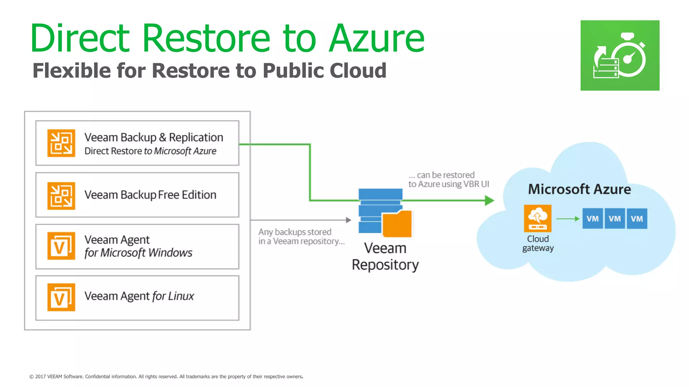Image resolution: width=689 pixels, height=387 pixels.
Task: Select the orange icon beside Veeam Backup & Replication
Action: (61, 143)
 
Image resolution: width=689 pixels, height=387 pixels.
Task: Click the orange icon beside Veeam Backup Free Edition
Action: (61, 196)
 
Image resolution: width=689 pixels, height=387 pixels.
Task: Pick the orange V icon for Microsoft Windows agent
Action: (61, 246)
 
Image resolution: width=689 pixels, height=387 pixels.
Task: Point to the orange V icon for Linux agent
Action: (61, 297)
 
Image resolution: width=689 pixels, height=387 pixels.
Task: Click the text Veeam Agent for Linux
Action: (139, 296)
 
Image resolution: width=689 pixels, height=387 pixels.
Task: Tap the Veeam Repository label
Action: (385, 256)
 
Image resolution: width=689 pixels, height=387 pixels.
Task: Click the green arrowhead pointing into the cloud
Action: (489, 201)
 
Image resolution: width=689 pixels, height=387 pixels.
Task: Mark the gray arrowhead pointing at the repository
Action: (349, 220)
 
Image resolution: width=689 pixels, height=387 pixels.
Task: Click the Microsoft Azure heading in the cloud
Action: (579, 189)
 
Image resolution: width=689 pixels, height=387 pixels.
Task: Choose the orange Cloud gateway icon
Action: (537, 218)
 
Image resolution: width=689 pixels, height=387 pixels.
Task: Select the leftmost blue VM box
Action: (592, 219)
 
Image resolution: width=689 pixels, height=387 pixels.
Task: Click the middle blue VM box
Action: (615, 219)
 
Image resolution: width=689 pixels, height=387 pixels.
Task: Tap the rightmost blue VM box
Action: (637, 219)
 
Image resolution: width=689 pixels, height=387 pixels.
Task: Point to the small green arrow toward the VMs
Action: (568, 219)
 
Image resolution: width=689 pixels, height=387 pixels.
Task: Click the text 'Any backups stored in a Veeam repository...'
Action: (301, 236)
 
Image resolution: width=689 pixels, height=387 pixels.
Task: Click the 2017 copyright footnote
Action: (166, 377)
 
